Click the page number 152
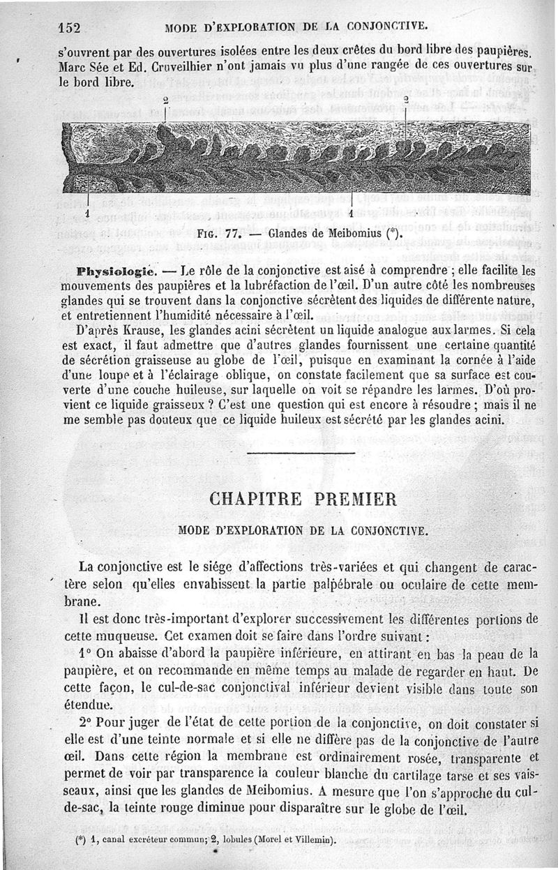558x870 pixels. (x=70, y=28)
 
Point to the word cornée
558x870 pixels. (x=459, y=359)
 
